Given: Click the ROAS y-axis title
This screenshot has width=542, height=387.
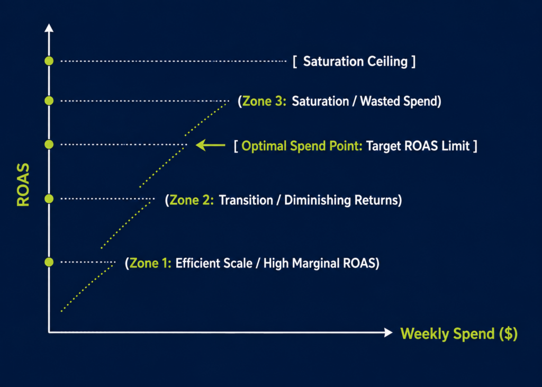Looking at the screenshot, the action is coord(23,185).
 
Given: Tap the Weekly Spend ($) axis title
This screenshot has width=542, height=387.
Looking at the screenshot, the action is coord(459,334).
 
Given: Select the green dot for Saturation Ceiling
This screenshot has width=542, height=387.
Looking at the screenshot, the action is coord(49,61).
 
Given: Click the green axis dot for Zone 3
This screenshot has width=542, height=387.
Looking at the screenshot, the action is coord(49,101).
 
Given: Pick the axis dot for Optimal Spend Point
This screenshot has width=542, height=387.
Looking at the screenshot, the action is coord(49,144).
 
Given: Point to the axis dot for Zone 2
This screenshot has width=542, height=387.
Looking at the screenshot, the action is coord(49,199).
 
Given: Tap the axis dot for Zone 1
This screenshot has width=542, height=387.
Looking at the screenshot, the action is coord(49,262).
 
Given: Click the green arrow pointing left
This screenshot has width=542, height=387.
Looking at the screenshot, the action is coord(210,145).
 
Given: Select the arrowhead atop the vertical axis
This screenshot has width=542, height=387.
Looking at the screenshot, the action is coord(49,28).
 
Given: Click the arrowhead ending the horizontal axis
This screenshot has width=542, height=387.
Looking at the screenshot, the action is coord(389,332).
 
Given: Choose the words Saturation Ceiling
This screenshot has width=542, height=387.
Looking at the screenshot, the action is coord(355,61).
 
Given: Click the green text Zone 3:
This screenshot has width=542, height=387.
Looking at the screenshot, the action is coord(265,101).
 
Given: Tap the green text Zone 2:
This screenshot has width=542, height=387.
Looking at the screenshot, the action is coord(192,200).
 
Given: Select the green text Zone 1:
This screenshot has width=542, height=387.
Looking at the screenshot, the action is coord(150,263).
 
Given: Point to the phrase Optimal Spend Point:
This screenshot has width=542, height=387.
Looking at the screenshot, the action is coord(302,146).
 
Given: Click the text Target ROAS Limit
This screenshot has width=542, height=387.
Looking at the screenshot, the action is coord(418,146).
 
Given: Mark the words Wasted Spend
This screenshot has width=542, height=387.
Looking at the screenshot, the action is coord(399,101).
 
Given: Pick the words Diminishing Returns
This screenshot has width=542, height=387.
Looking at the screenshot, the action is coord(341,200).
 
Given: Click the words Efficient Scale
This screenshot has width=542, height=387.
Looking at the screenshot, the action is coord(214,263).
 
